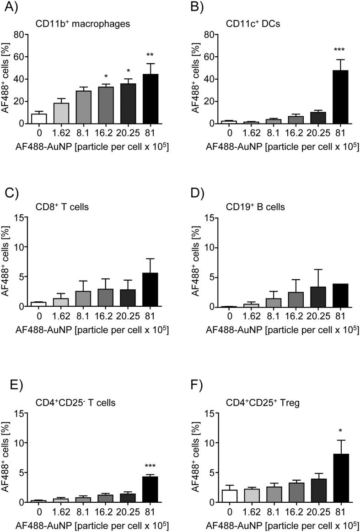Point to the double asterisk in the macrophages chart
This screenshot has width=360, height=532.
click(150, 55)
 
